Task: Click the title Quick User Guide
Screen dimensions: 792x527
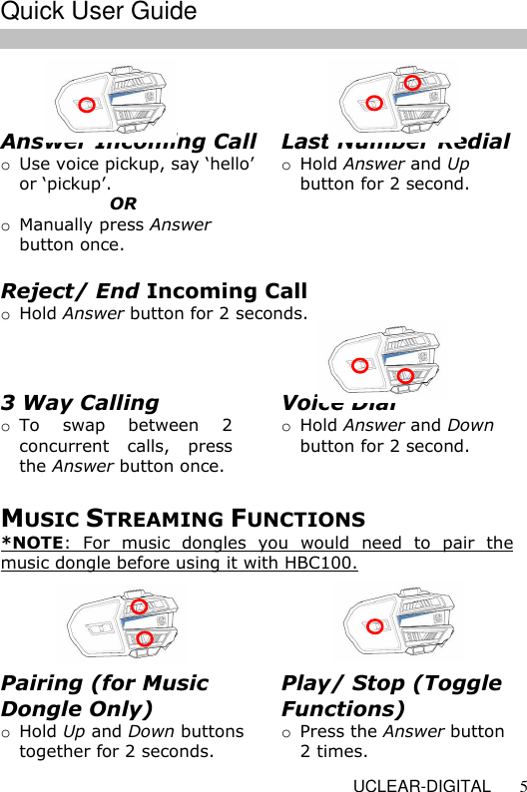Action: (98, 12)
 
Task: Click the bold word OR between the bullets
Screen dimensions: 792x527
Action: (124, 204)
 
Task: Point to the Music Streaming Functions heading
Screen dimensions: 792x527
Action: (183, 519)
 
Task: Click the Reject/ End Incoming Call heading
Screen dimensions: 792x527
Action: (154, 291)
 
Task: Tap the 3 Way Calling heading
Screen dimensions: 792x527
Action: (80, 403)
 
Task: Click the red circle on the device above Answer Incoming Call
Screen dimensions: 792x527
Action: (87, 104)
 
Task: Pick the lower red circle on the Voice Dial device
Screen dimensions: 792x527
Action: (405, 375)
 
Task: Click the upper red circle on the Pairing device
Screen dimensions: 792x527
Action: (140, 606)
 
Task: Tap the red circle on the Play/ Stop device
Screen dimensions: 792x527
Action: (374, 626)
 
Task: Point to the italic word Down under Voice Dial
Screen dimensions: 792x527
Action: (470, 426)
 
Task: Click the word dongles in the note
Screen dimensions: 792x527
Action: (179, 544)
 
